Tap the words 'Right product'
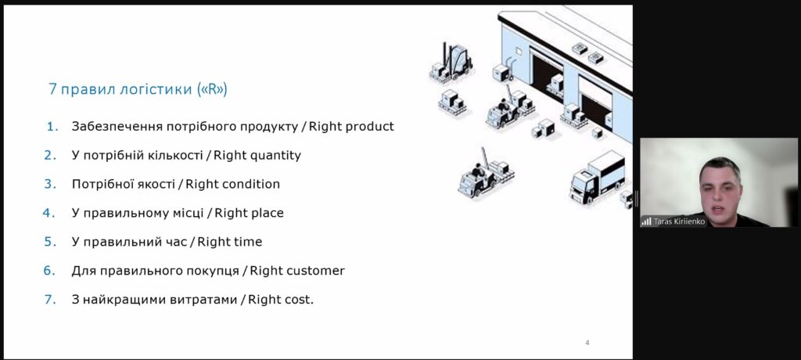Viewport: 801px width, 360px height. [351, 126]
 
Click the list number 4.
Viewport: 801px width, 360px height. [49, 213]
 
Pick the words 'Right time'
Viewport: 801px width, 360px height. [229, 241]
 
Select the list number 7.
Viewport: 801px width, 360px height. [50, 300]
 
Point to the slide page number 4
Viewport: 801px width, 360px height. [587, 343]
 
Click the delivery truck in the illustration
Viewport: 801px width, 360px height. [597, 176]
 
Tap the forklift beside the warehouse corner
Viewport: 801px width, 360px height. [451, 63]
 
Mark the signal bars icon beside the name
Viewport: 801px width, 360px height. [646, 221]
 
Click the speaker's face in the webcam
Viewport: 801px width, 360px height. [720, 189]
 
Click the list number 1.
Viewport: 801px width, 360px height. [52, 126]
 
